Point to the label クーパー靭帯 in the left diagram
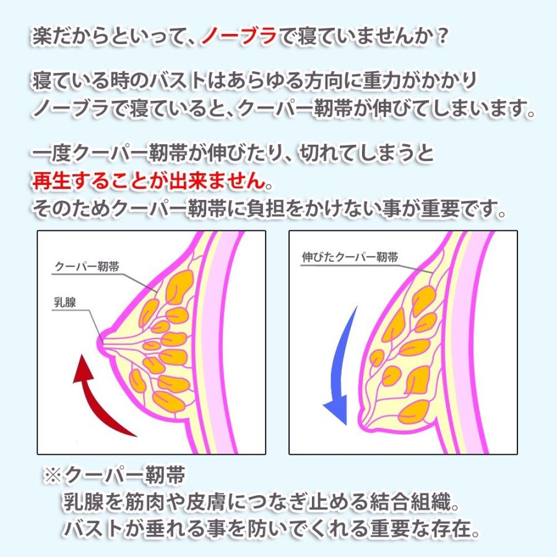[87, 267]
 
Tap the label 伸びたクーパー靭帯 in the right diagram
[350, 257]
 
